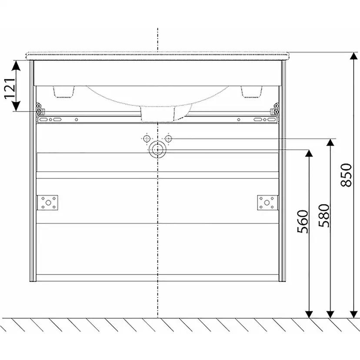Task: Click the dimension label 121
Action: click(x=10, y=88)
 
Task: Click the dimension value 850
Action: click(x=346, y=175)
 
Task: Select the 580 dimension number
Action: click(x=324, y=215)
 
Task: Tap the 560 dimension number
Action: click(x=303, y=222)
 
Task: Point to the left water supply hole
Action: click(x=147, y=139)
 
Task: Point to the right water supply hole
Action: click(x=168, y=139)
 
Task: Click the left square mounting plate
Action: click(x=48, y=203)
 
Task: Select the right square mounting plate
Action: click(x=267, y=203)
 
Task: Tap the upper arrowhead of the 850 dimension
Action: click(x=354, y=56)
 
